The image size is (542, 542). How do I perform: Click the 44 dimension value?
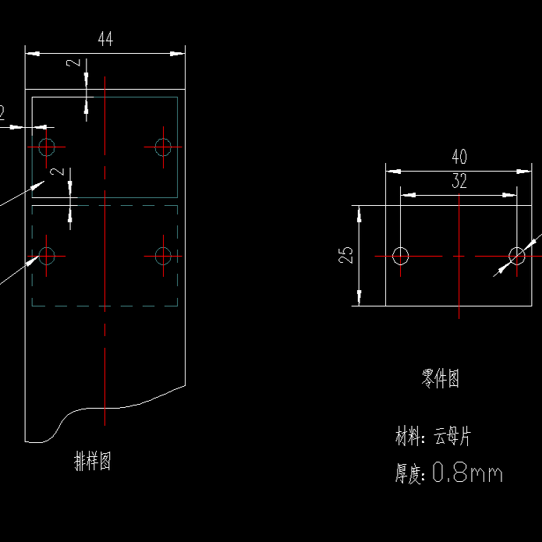[105, 40]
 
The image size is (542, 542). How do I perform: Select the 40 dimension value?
[459, 157]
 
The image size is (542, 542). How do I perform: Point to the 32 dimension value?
[459, 182]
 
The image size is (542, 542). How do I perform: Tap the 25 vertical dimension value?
[347, 255]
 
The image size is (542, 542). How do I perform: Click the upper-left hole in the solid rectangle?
[46, 147]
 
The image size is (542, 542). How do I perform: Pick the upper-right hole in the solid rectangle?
[163, 147]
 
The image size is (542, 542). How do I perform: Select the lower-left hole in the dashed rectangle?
[46, 255]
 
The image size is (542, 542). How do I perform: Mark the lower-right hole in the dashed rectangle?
[163, 255]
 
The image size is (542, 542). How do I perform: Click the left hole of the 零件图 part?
[401, 256]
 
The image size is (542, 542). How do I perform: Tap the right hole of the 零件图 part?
[517, 256]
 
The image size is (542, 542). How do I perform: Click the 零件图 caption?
[441, 379]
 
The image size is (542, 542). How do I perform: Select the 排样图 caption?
[92, 461]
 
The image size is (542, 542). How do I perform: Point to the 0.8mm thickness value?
[467, 473]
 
